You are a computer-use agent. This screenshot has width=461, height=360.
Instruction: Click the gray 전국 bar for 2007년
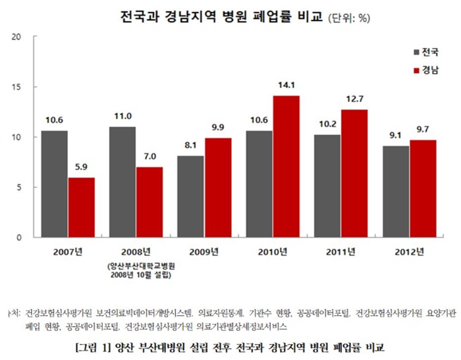[x=54, y=184]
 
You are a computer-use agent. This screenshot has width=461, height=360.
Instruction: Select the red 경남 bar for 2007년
[x=82, y=207]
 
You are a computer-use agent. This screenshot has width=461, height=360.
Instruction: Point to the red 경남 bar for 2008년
[x=150, y=202]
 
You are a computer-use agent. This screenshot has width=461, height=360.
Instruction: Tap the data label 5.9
[x=82, y=167]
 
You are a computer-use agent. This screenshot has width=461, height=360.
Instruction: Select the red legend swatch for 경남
[x=417, y=69]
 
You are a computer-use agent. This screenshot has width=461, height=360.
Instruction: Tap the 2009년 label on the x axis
[x=204, y=251]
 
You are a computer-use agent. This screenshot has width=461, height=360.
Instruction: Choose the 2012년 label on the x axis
[x=409, y=251]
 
